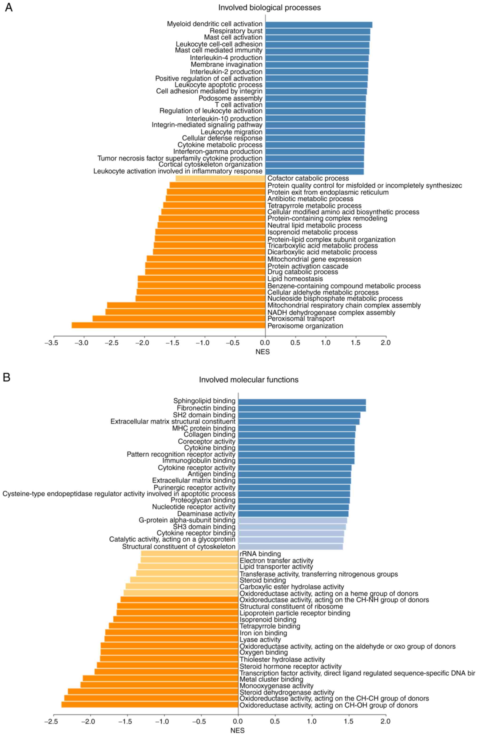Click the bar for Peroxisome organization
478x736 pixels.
tap(168, 325)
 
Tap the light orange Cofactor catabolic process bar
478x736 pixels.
tap(220, 178)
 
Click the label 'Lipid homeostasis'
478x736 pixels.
tap(295, 279)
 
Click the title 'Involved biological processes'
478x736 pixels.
tap(269, 8)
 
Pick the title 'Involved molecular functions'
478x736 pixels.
tap(249, 380)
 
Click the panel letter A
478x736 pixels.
tap(9, 8)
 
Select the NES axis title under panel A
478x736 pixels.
tap(263, 352)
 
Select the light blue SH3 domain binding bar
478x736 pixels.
tap(292, 527)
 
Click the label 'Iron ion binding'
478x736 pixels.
tap(263, 633)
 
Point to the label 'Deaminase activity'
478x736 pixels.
tap(206, 514)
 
